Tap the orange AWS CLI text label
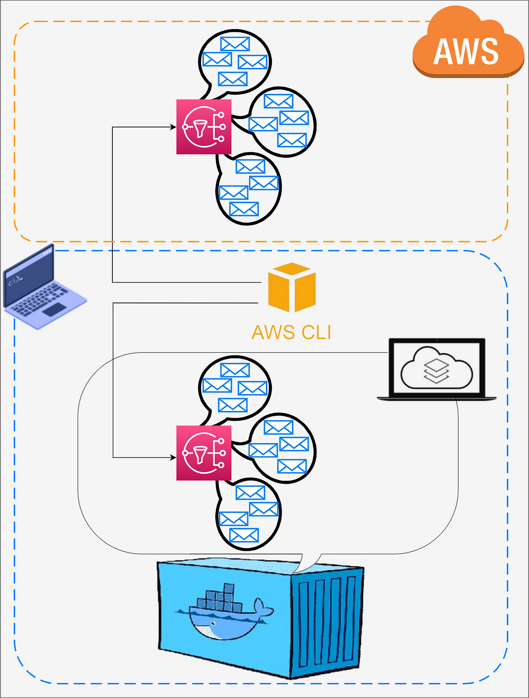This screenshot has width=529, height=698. coord(291,332)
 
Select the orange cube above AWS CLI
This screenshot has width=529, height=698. coord(292,287)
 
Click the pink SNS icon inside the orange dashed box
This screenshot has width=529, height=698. coord(204,127)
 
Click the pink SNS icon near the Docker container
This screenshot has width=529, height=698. coord(204,453)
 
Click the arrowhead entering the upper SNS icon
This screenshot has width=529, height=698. coord(174,127)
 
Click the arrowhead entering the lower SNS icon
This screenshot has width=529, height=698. coord(174,457)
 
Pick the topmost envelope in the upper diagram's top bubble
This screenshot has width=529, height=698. coord(235,44)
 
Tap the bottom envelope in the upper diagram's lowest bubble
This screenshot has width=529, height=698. coord(244,209)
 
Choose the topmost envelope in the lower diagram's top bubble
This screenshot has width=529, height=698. coord(235,370)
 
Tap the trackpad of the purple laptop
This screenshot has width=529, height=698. coord(55,310)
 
